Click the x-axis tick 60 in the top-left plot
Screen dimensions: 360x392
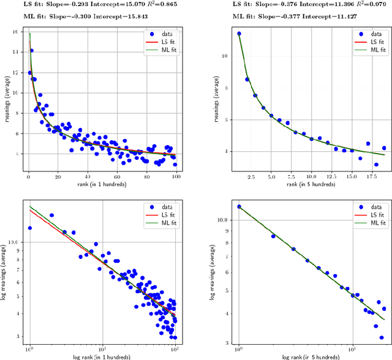[117, 176]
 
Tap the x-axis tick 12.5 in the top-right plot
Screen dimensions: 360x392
[331, 176]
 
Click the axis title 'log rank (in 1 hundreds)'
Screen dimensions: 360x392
[101, 356]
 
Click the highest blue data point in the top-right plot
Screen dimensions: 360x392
[239, 34]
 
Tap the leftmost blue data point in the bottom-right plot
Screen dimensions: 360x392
[239, 206]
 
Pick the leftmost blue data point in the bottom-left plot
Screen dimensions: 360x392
[29, 228]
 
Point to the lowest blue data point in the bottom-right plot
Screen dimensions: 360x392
[381, 337]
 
